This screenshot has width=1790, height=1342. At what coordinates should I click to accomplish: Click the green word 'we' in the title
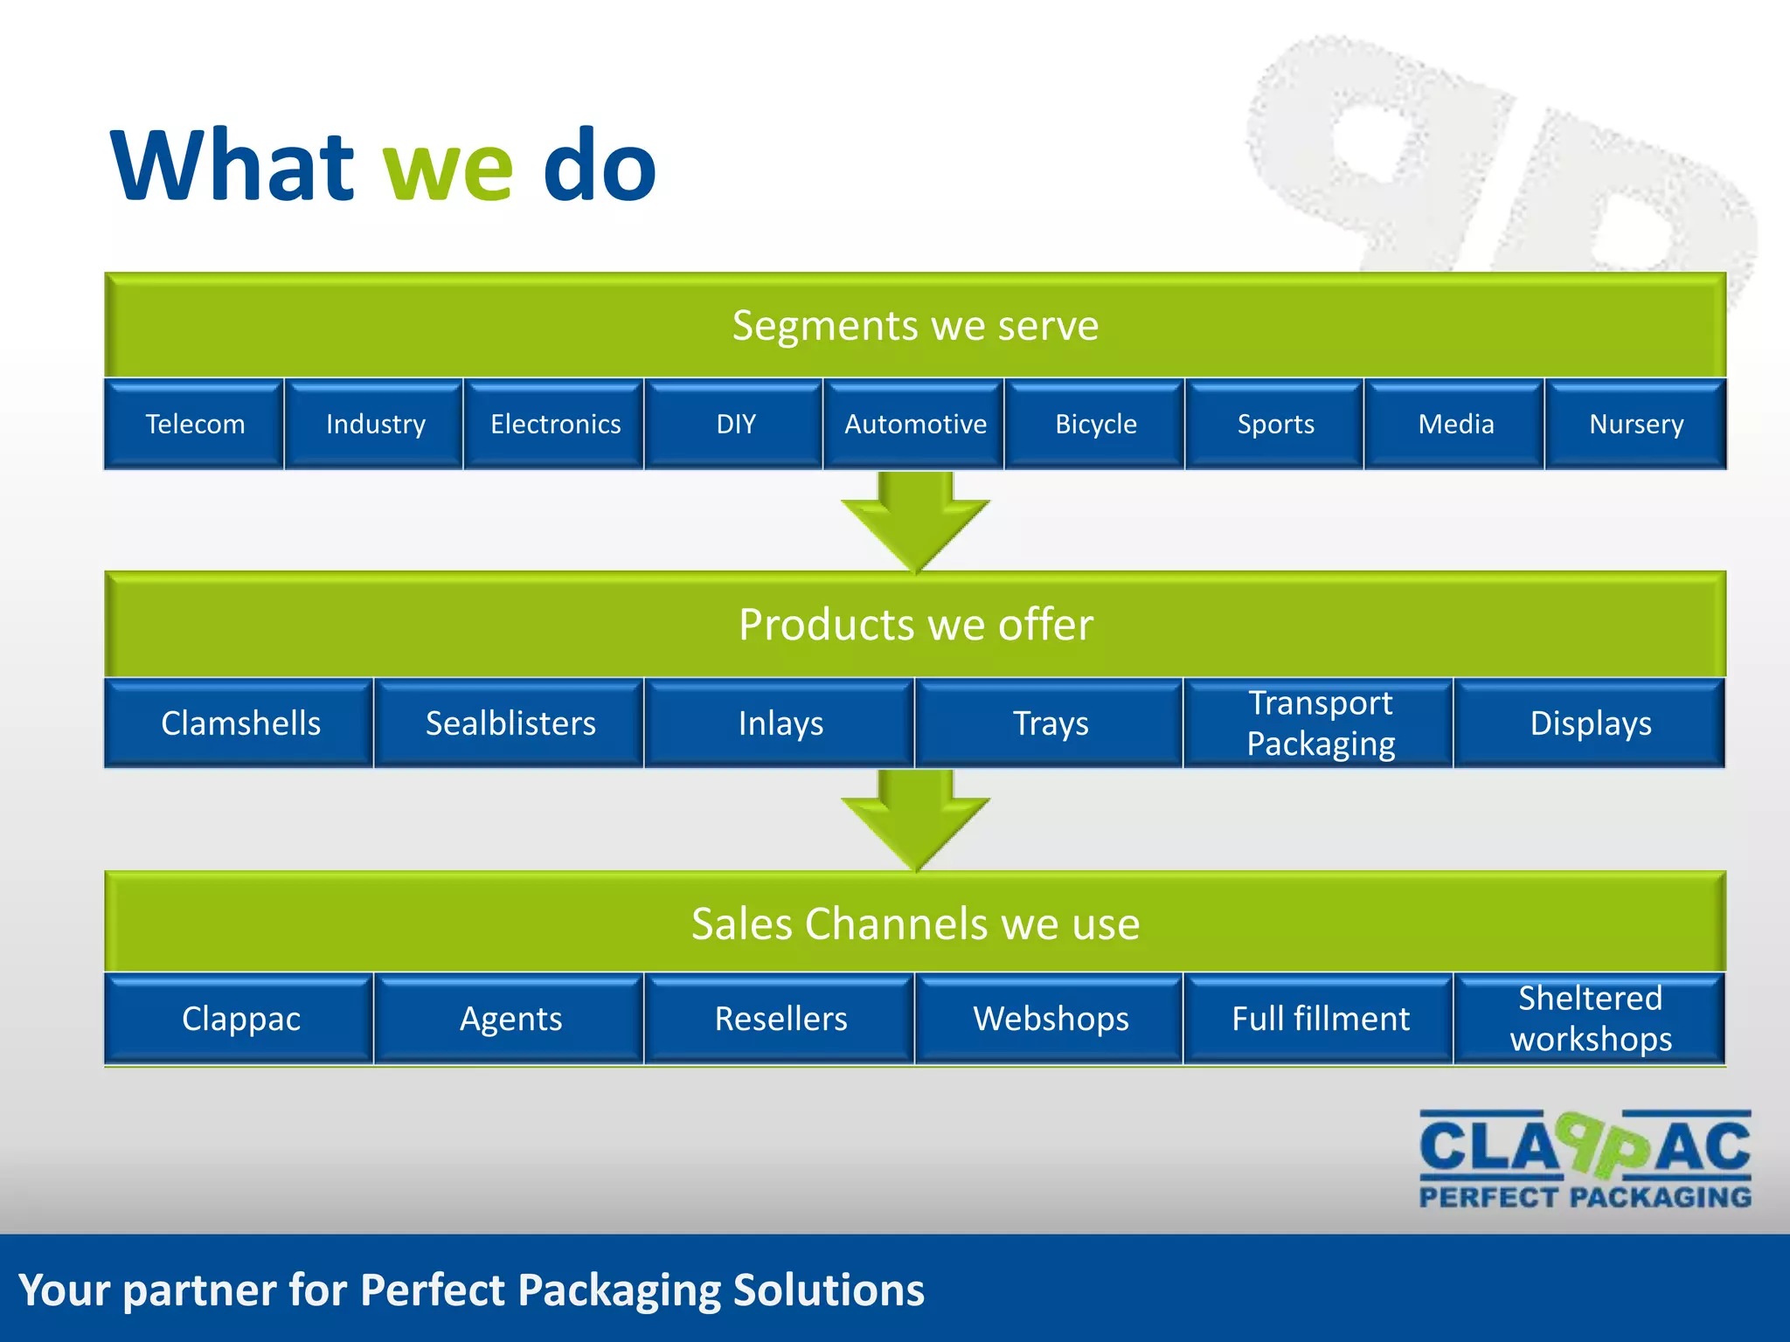click(x=448, y=168)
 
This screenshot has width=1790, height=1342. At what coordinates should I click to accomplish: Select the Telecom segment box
click(x=194, y=425)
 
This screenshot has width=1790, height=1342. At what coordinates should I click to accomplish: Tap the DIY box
click(x=735, y=425)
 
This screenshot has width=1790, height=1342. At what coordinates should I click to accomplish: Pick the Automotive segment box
click(x=914, y=425)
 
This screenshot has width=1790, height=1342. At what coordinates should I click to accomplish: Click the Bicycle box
click(x=1095, y=425)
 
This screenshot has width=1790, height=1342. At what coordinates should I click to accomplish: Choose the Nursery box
click(x=1635, y=425)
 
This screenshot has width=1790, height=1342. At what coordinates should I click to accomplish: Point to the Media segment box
click(x=1455, y=425)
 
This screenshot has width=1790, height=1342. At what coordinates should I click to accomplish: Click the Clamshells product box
click(x=240, y=723)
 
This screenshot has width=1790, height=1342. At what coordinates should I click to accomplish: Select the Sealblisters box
click(x=510, y=723)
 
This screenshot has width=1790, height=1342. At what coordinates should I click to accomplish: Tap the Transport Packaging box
click(x=1320, y=723)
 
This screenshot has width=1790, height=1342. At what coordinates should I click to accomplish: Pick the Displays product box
click(x=1590, y=723)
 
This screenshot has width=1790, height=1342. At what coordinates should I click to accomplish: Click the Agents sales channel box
click(x=510, y=1019)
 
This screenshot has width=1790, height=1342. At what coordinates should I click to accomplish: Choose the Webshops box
click(x=1051, y=1019)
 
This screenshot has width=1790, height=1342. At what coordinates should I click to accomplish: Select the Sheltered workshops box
click(x=1590, y=1019)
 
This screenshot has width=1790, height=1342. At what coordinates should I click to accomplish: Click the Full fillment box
click(x=1320, y=1019)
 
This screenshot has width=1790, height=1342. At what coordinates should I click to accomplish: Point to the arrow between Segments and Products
click(x=915, y=521)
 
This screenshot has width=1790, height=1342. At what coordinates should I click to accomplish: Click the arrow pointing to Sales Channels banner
click(x=915, y=820)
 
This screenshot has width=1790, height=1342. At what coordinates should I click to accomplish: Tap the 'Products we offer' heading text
click(x=915, y=625)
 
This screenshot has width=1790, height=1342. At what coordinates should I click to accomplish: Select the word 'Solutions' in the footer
click(x=828, y=1290)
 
